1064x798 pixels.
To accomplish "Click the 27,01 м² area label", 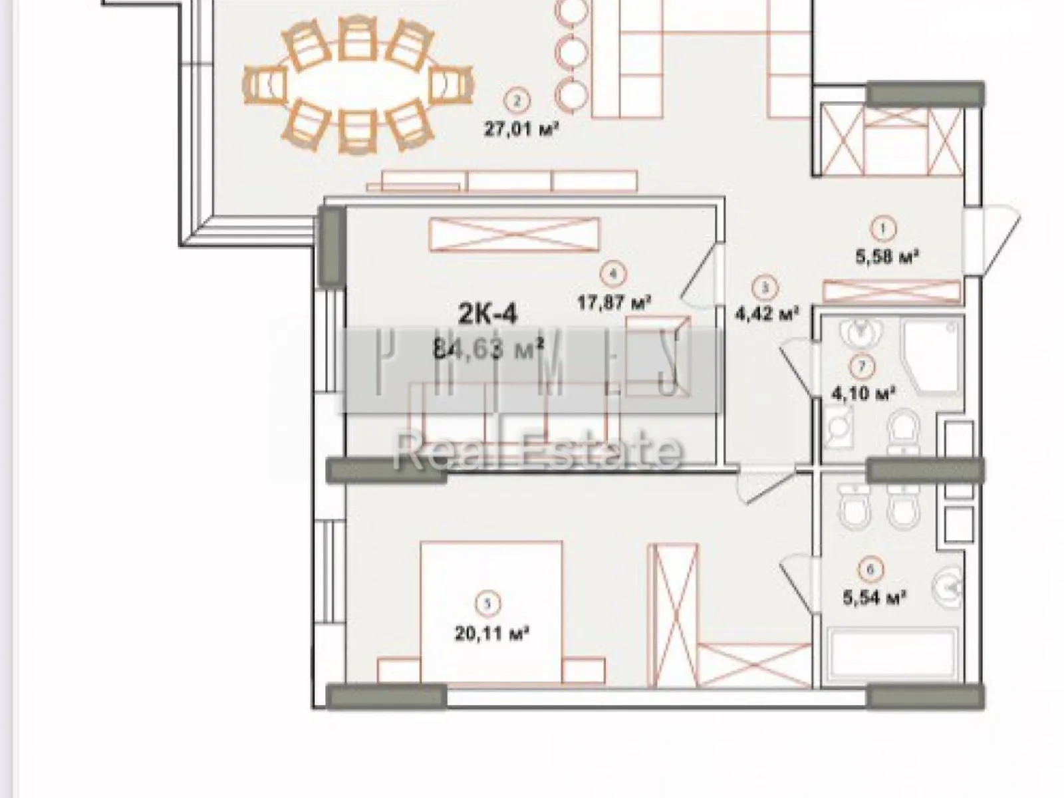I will click(520, 128).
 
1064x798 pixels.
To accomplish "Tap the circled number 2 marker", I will click(517, 101).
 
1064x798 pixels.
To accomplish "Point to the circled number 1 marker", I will click(882, 229).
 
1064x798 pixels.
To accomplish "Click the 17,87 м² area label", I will click(613, 303).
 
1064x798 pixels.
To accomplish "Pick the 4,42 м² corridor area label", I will click(766, 313).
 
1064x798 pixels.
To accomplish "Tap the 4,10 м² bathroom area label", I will click(863, 393).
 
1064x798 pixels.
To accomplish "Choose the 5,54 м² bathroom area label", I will click(874, 597).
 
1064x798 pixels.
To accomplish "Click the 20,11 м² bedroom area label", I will click(491, 632).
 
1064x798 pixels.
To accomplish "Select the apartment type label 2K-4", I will click(487, 313).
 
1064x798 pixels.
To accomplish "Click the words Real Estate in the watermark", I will click(537, 451).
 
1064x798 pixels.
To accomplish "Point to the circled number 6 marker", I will click(870, 569).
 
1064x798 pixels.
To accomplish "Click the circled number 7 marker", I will click(863, 366).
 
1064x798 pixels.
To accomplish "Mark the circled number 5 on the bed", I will click(489, 604).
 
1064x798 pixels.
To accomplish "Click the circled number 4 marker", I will click(612, 273).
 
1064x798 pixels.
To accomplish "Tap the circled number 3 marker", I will click(764, 288).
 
